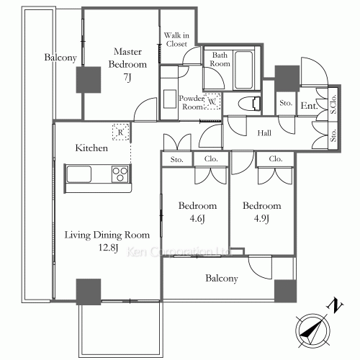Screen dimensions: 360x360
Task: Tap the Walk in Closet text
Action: tap(176, 39)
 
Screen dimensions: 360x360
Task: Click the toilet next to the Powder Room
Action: tap(246, 102)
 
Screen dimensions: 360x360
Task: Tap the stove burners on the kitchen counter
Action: tap(120, 174)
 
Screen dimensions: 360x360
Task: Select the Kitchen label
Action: tap(92, 148)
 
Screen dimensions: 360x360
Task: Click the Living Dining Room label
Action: tap(107, 235)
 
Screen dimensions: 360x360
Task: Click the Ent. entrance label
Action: tap(309, 106)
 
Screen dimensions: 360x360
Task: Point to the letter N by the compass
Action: tap(333, 305)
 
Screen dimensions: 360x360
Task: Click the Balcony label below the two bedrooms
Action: tap(223, 277)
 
